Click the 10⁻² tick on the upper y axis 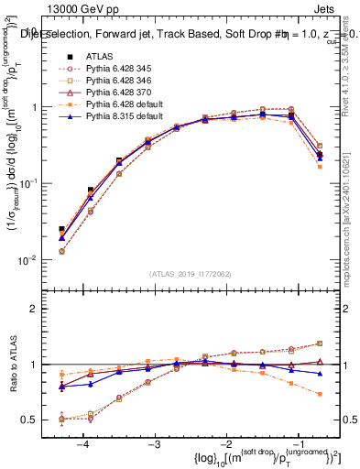point(35,260)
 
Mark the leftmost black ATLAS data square point(61,229)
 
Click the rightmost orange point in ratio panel point(319,394)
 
